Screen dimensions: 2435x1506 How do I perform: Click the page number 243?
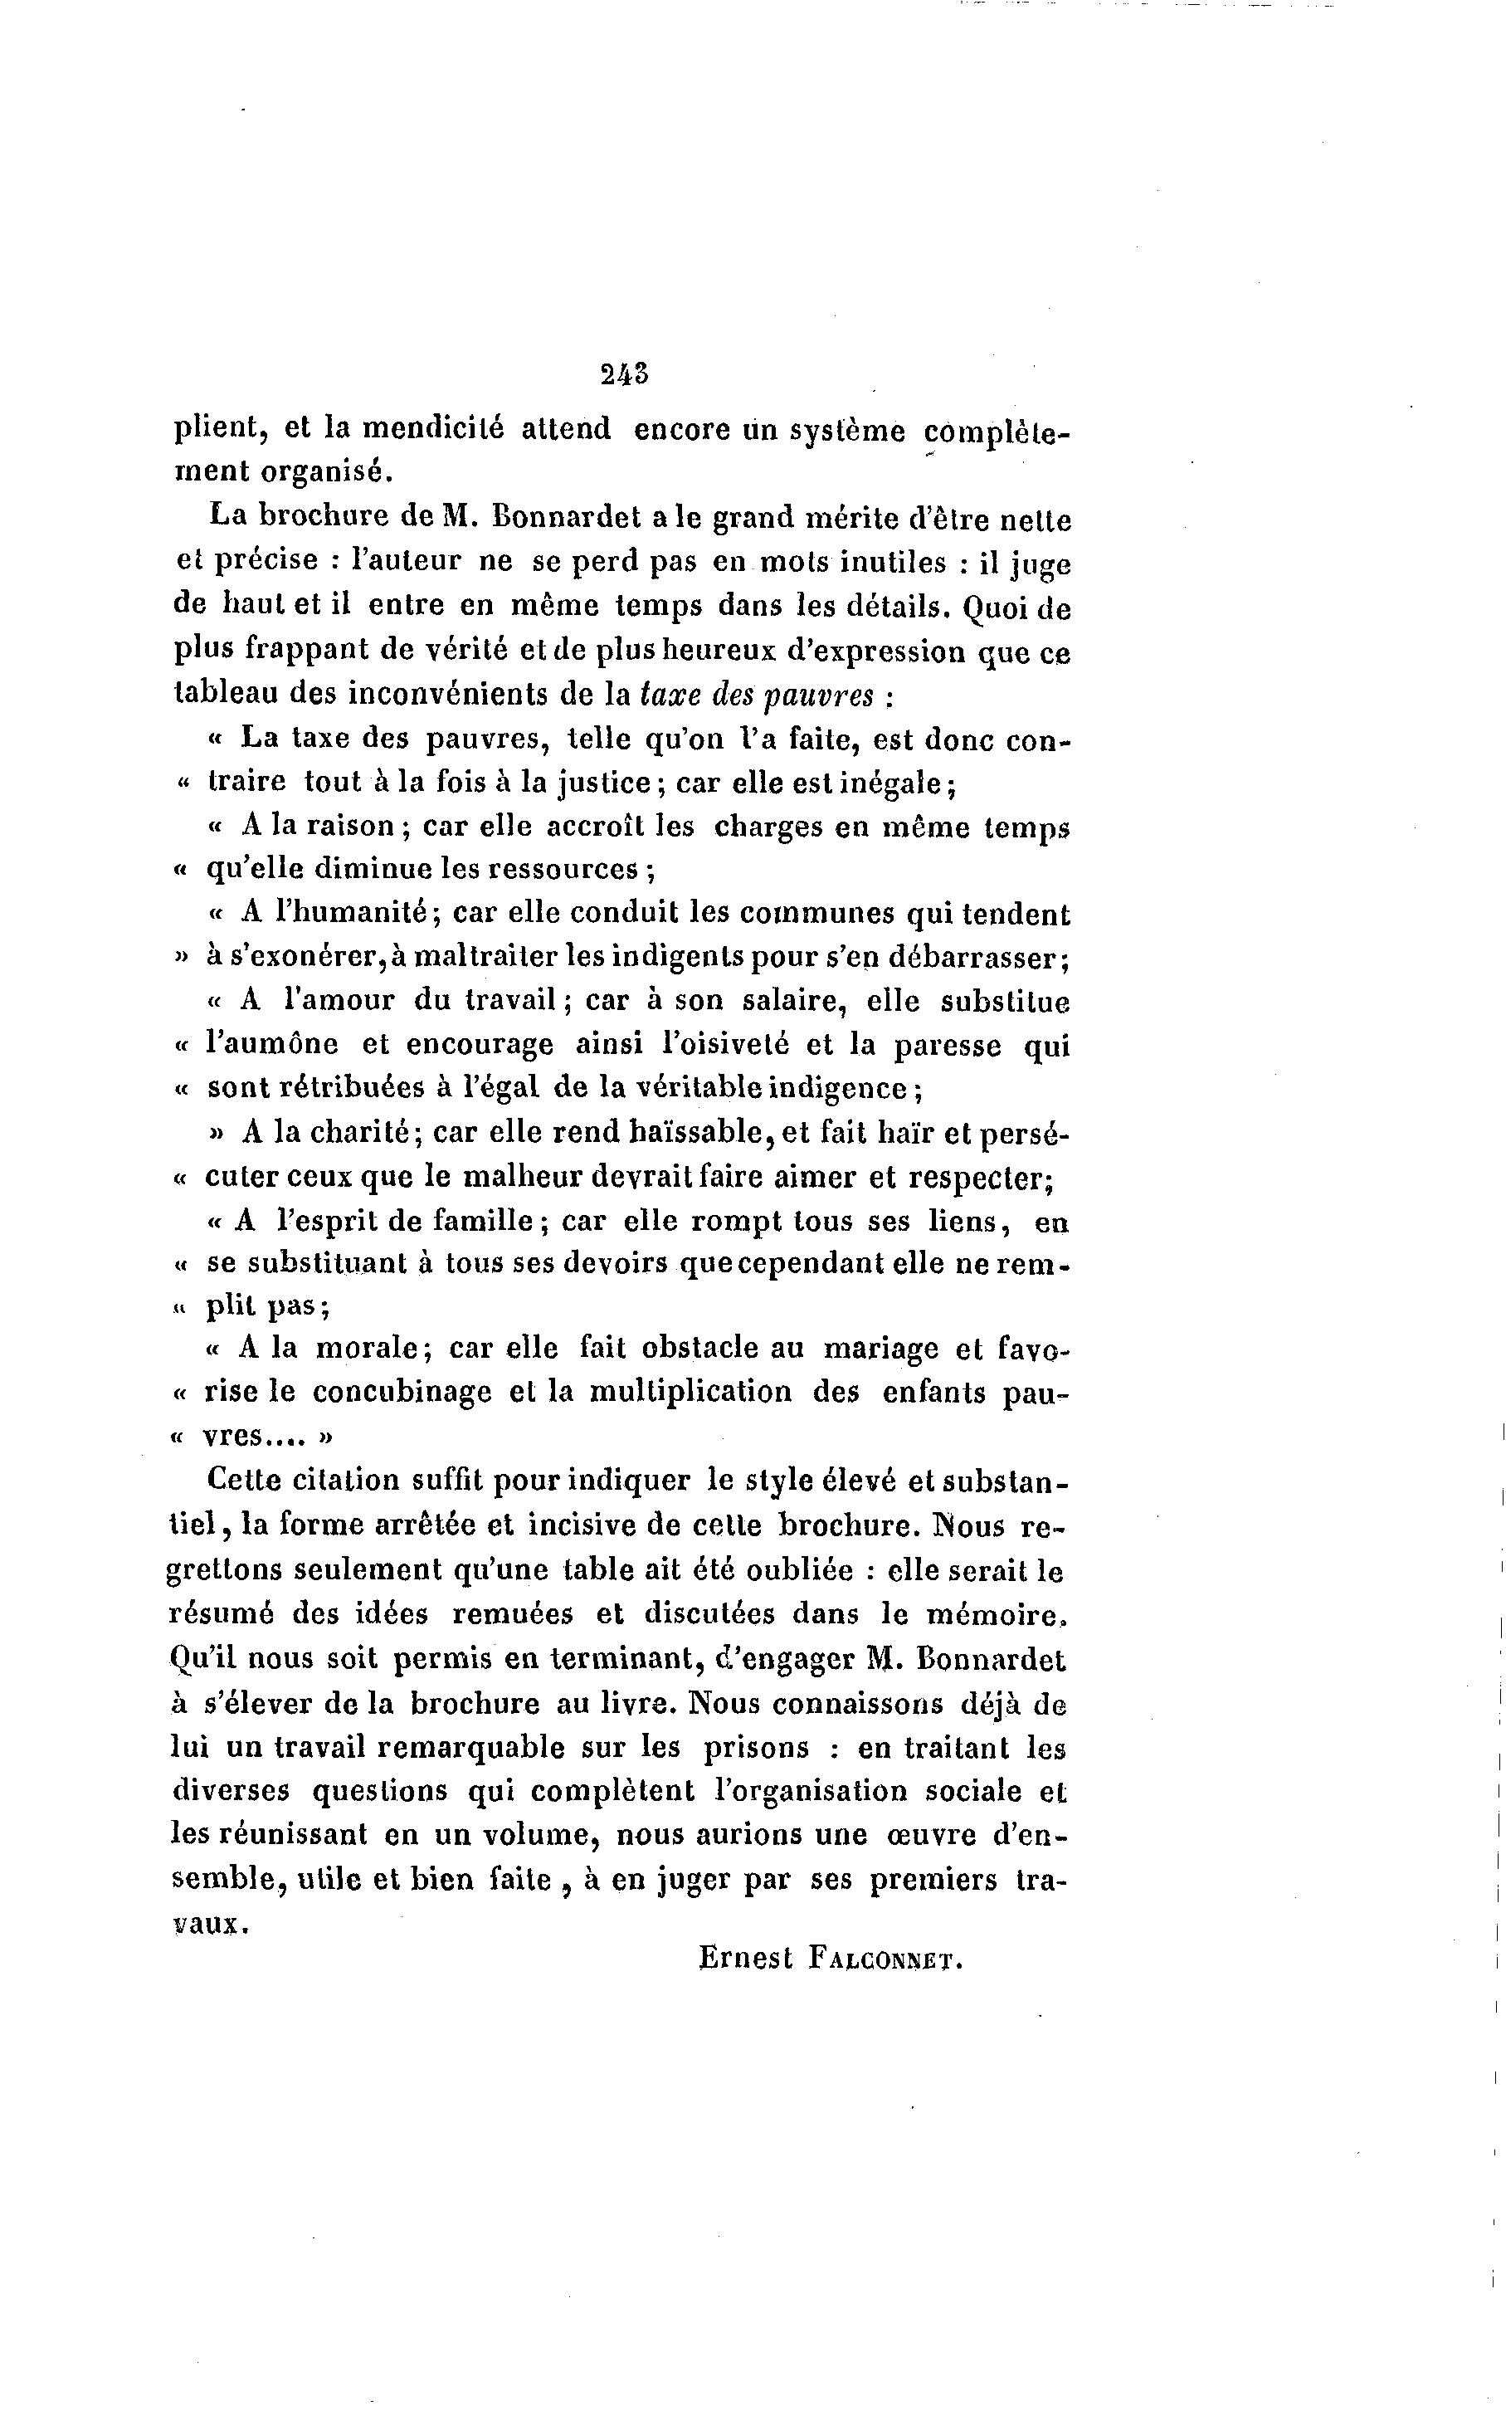click(x=625, y=373)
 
